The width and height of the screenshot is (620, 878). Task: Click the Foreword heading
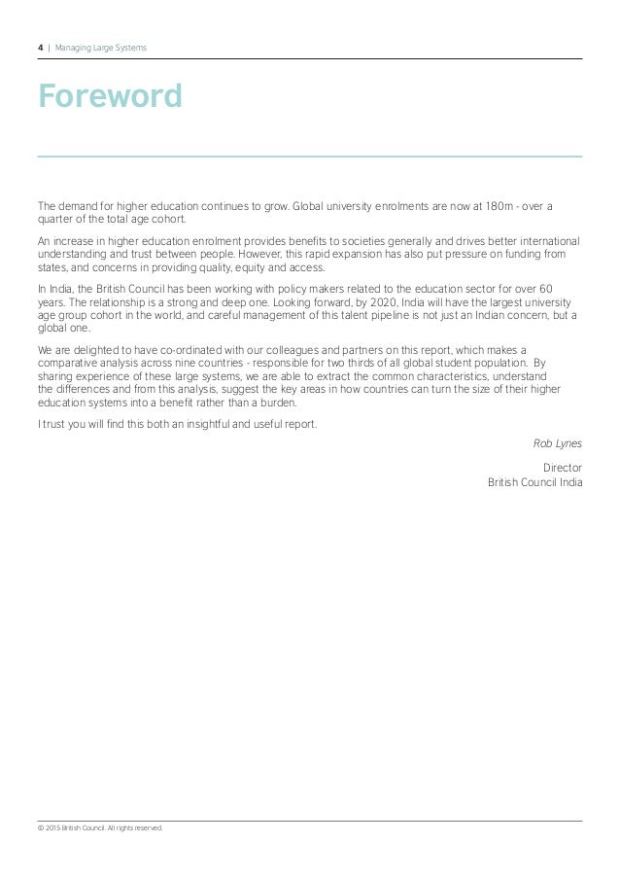pyautogui.click(x=110, y=96)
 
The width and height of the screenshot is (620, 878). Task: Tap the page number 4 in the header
pyautogui.click(x=40, y=47)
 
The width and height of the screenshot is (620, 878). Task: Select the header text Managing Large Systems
pyautogui.click(x=101, y=47)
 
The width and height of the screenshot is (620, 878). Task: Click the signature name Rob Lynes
pyautogui.click(x=558, y=443)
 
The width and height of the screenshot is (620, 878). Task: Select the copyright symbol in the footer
pyautogui.click(x=40, y=827)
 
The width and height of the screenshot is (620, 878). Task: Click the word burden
pyautogui.click(x=275, y=402)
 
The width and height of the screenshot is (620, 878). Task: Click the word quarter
pyautogui.click(x=54, y=219)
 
